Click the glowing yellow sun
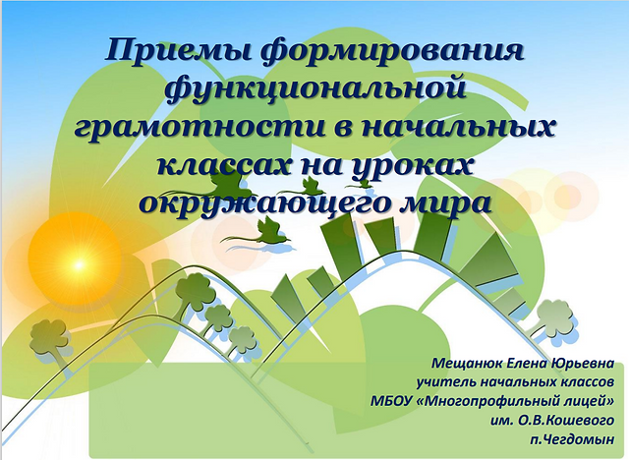[x=79, y=264]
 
